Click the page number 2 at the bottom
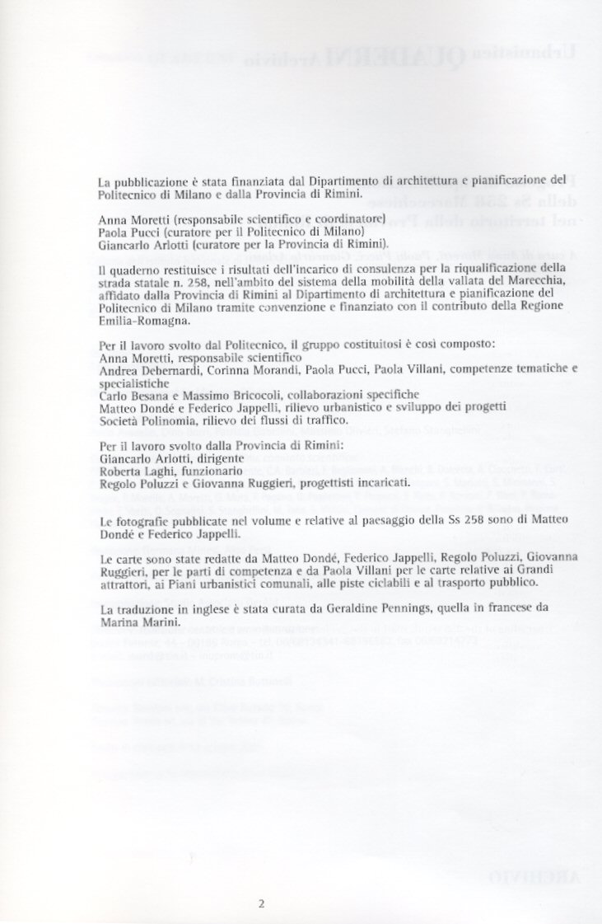click(261, 902)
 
